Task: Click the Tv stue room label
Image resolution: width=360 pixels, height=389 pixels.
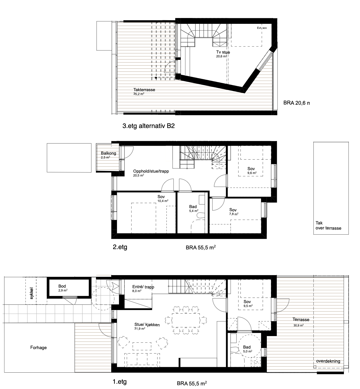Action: (223, 52)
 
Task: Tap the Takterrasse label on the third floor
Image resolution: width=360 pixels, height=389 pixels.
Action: (144, 90)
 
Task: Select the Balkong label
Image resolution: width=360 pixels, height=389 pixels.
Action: (108, 153)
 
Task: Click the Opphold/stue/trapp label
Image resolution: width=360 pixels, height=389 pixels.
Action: (151, 171)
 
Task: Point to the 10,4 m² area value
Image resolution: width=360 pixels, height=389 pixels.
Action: (163, 201)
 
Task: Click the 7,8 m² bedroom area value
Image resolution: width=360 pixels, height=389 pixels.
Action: (234, 214)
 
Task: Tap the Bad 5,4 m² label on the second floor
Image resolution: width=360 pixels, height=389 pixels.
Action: (194, 208)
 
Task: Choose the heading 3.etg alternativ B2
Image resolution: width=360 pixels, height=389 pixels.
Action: (148, 126)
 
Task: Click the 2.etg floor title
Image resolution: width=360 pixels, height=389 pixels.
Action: (120, 247)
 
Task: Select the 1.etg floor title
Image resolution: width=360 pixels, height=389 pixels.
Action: (120, 382)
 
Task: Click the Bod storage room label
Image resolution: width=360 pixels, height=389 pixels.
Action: (62, 286)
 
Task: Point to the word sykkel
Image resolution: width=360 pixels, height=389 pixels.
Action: (32, 293)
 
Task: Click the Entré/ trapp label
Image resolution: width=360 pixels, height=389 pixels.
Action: (143, 287)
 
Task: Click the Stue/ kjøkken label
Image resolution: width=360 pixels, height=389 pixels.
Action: (147, 325)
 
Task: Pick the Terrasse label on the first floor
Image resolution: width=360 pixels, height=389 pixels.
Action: (301, 319)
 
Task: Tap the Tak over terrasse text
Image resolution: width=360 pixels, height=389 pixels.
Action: (328, 226)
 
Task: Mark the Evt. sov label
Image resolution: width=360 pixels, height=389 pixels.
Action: (262, 28)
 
